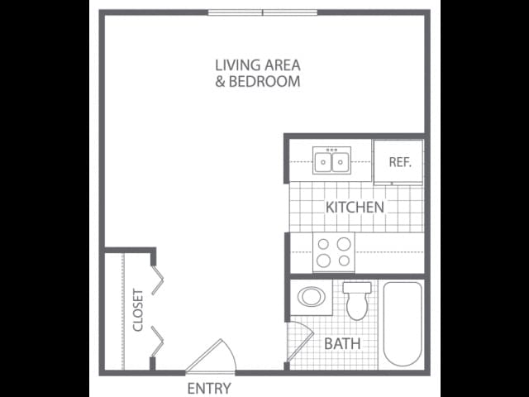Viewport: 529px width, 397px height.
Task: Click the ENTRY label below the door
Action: [x=209, y=388]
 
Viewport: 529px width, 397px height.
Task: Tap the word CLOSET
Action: [x=138, y=310]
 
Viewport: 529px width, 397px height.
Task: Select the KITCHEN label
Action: [x=355, y=207]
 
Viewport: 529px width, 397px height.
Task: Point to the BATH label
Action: [x=342, y=344]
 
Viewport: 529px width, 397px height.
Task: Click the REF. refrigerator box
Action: [x=398, y=162]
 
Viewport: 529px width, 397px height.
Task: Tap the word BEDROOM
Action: [x=264, y=81]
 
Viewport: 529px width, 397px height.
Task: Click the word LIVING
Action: [x=238, y=65]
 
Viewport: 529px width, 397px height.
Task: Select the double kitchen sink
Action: [x=331, y=160]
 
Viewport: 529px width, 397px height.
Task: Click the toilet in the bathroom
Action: [x=357, y=301]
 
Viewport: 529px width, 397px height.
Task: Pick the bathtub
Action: [x=403, y=323]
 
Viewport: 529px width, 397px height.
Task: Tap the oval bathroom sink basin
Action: [x=312, y=297]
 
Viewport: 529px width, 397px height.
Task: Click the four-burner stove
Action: [x=334, y=251]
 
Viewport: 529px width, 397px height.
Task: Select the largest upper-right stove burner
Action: [x=344, y=244]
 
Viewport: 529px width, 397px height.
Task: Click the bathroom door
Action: [x=300, y=342]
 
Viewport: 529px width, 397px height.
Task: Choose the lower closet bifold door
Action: [x=158, y=342]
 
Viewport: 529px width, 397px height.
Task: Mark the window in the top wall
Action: [x=263, y=13]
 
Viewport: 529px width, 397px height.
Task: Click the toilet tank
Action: [x=357, y=288]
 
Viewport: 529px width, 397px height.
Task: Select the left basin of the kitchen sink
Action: [x=323, y=162]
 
